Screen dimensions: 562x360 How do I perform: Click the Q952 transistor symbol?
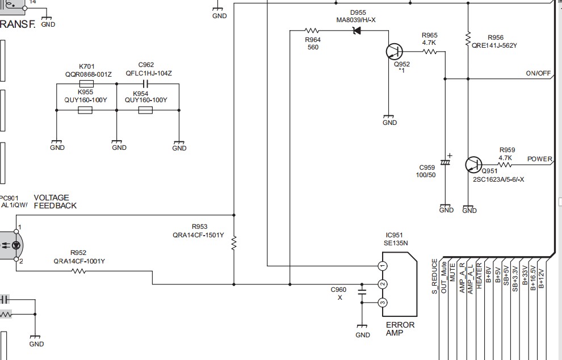coord(395,52)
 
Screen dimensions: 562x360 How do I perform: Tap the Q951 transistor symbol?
coord(473,165)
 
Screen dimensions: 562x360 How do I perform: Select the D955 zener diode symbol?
coord(357,31)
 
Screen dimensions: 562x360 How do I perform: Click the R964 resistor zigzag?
coord(312,31)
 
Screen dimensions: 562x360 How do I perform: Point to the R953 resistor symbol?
coord(234,243)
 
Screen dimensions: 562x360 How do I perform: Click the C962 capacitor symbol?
coord(145,84)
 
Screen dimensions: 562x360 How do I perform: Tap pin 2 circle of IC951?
coord(383,284)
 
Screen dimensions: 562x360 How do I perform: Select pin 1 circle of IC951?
coord(383,266)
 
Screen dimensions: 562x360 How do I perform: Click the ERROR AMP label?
coord(400,329)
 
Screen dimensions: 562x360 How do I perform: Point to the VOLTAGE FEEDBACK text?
coord(55,202)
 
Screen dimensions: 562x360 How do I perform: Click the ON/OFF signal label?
coord(538,73)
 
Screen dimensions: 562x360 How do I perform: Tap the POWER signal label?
coord(539,159)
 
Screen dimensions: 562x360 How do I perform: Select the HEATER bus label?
coord(479,276)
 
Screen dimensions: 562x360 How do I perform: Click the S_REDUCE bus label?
coord(434,277)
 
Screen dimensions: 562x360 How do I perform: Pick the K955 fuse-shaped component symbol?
coord(85,110)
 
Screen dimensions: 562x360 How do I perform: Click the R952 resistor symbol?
coord(79,271)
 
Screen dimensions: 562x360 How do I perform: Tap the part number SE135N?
coord(396,243)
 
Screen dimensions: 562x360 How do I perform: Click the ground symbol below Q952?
coord(388,117)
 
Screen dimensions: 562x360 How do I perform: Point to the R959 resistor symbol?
coord(504,165)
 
